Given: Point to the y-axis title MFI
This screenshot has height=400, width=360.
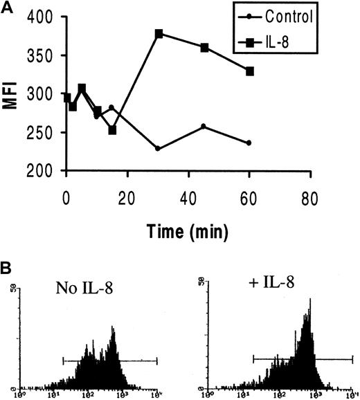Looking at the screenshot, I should pyautogui.click(x=12, y=94).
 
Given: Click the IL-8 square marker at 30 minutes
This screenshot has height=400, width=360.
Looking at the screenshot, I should pyautogui.click(x=159, y=33).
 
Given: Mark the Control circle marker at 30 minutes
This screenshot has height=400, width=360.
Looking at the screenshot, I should pyautogui.click(x=159, y=149).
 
